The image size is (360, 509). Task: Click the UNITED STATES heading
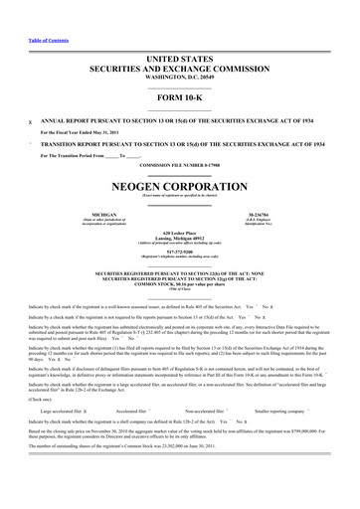click(x=180, y=60)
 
